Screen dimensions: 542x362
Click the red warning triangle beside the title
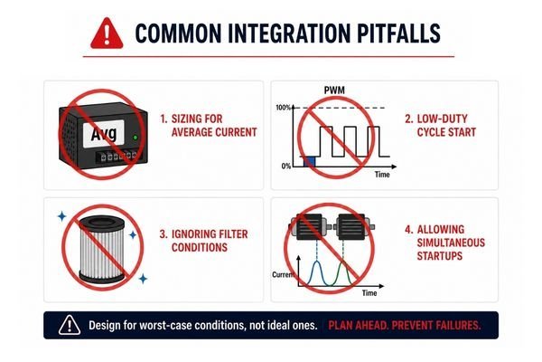pyautogui.click(x=107, y=33)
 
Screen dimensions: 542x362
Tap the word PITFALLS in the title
pyautogui.click(x=398, y=33)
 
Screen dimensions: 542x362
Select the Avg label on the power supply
pyautogui.click(x=103, y=133)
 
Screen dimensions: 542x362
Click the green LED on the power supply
pyautogui.click(x=135, y=138)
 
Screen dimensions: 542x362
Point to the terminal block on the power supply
pyautogui.click(x=117, y=157)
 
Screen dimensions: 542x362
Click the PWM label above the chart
pyautogui.click(x=334, y=90)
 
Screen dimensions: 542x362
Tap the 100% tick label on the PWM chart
pyautogui.click(x=283, y=108)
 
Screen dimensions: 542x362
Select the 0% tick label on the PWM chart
pyautogui.click(x=286, y=167)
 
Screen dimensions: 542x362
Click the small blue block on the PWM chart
pyautogui.click(x=309, y=161)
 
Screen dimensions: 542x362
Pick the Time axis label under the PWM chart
pyautogui.click(x=382, y=175)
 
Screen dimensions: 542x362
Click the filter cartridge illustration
pyautogui.click(x=101, y=249)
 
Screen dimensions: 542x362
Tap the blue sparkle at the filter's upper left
pyautogui.click(x=61, y=216)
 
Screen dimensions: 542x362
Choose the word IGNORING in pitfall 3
pyautogui.click(x=193, y=234)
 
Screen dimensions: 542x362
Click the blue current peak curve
pyautogui.click(x=317, y=272)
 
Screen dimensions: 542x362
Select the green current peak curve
pyautogui.click(x=343, y=272)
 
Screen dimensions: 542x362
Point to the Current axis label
pyautogui.click(x=283, y=275)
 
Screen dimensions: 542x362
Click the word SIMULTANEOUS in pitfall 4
pyautogui.click(x=451, y=243)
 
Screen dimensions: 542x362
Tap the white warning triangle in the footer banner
pyautogui.click(x=70, y=325)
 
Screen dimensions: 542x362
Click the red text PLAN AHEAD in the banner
pyautogui.click(x=358, y=325)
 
